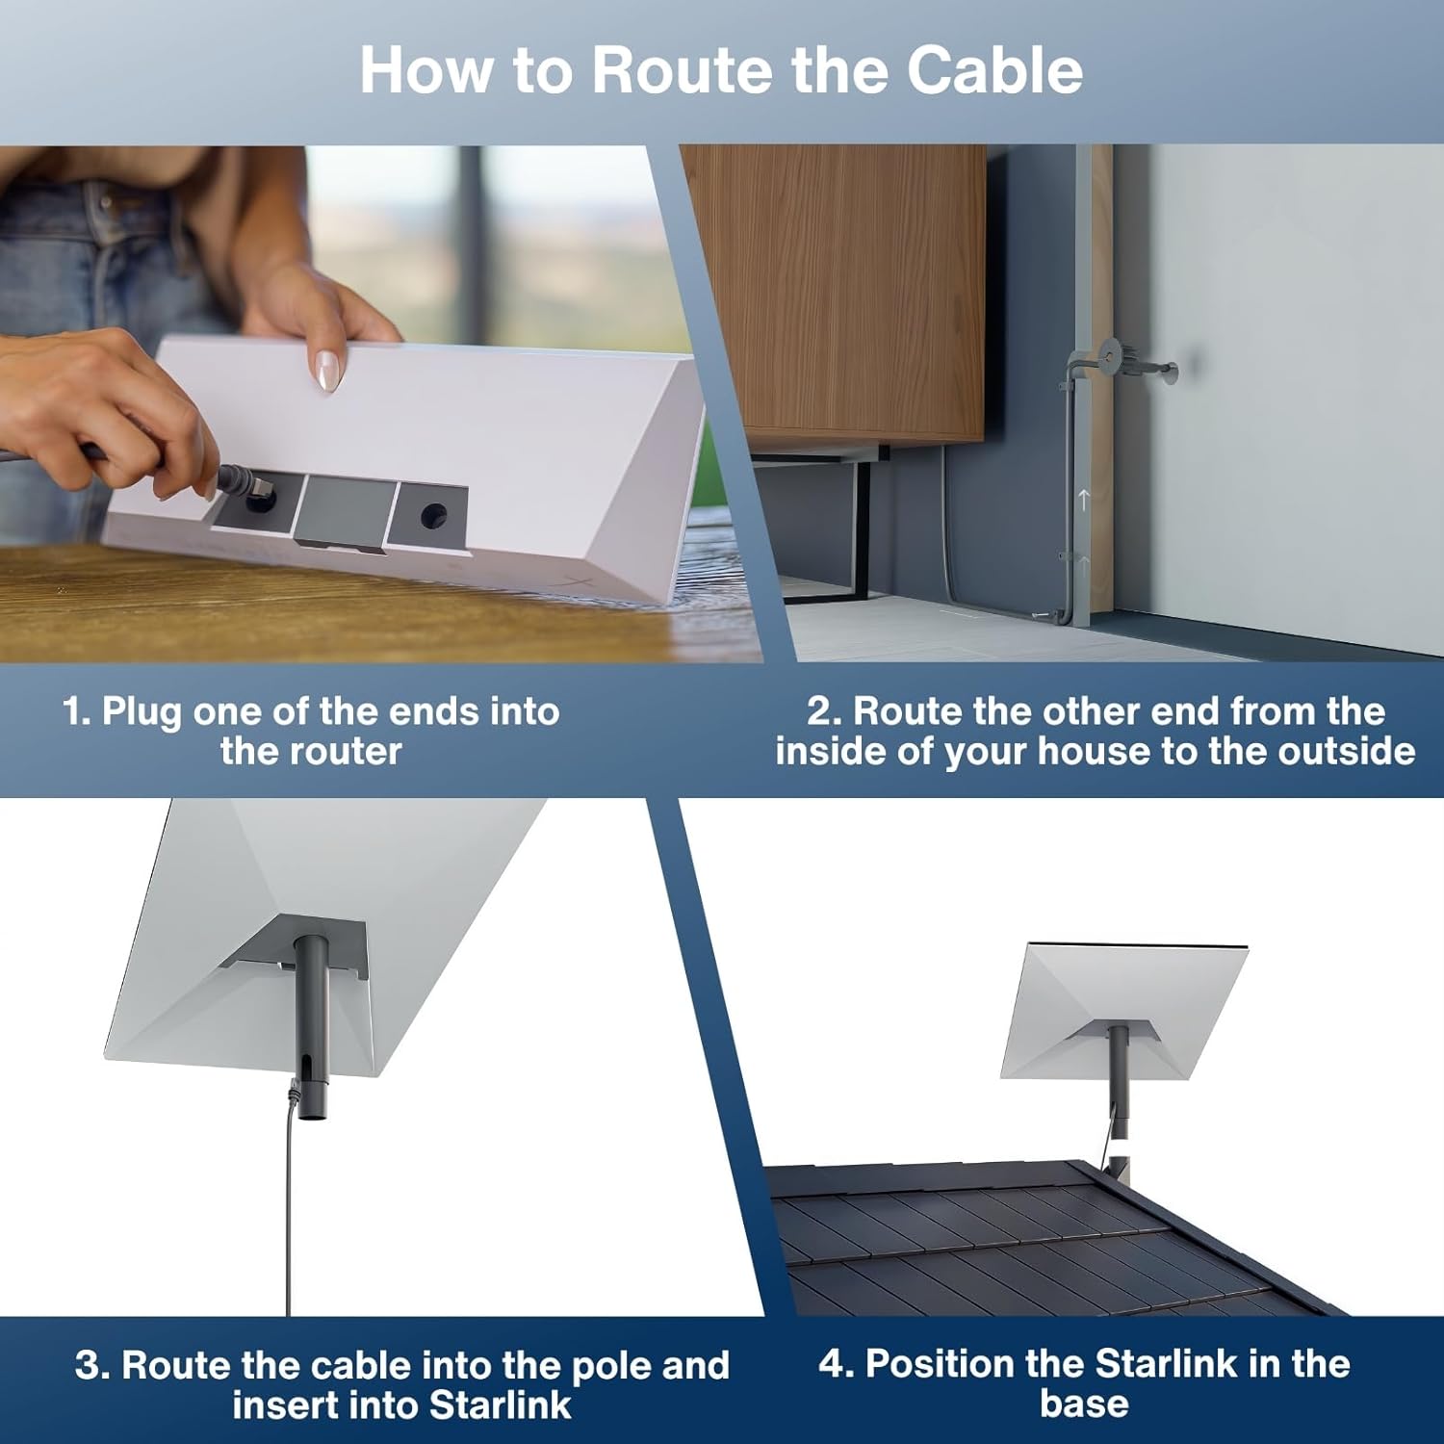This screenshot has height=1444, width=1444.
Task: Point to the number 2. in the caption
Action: [824, 711]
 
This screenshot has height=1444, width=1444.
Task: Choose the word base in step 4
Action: [1084, 1404]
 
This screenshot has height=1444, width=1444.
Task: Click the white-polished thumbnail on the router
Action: [327, 370]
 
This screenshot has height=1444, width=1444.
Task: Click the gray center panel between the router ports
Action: [346, 511]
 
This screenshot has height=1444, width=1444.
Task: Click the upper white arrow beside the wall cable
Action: [1084, 499]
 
